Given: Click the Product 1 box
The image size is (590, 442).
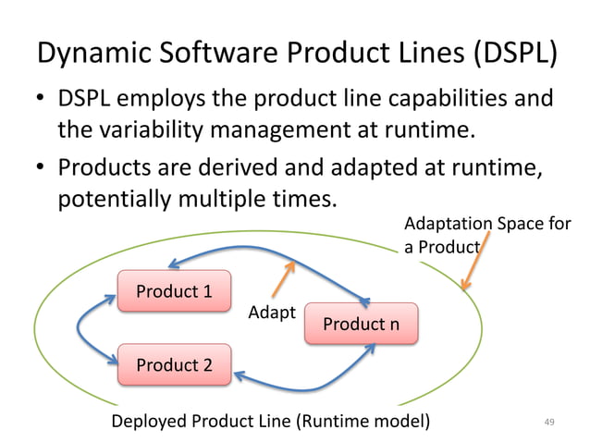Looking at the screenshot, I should (174, 292).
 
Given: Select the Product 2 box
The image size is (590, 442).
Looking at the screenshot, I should (174, 365).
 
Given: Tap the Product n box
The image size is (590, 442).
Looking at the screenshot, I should (361, 325).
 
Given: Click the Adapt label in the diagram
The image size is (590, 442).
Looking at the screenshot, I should (272, 313).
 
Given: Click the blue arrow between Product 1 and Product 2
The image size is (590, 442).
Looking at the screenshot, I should (85, 327).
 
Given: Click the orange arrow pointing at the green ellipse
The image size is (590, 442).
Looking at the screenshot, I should (475, 264).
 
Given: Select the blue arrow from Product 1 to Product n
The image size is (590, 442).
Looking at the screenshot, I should (268, 249).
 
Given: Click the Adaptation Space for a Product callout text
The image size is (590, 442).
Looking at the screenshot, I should (486, 236).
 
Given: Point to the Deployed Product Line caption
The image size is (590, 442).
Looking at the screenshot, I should (270, 423).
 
